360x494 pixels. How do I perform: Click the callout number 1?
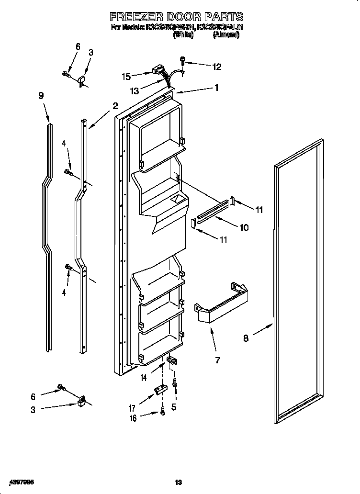[x=216, y=88]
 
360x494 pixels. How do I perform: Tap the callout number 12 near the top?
[x=217, y=67]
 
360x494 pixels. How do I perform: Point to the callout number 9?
[x=41, y=96]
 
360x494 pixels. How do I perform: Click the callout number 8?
[x=246, y=338]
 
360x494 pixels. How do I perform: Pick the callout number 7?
[x=217, y=360]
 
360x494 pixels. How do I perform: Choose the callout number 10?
[x=244, y=227]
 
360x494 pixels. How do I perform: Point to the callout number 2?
[x=115, y=106]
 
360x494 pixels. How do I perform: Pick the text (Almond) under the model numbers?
[x=226, y=35]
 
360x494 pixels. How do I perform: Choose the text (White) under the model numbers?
[x=183, y=35]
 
